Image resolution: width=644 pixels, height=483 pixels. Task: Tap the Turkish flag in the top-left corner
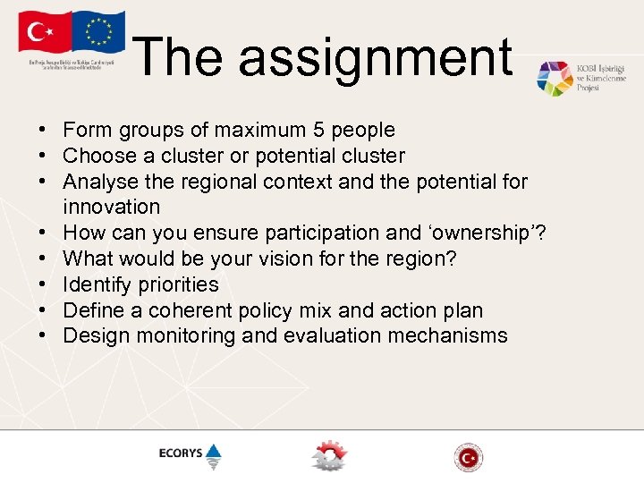coord(42,33)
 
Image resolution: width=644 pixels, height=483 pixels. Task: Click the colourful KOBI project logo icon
coord(555,79)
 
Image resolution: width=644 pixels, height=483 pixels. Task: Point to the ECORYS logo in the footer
coord(190,454)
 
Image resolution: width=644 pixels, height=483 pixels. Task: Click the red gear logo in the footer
coord(328,456)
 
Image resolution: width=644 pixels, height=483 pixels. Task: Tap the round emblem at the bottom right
coord(468,457)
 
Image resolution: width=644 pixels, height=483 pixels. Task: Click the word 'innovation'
coord(112,208)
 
